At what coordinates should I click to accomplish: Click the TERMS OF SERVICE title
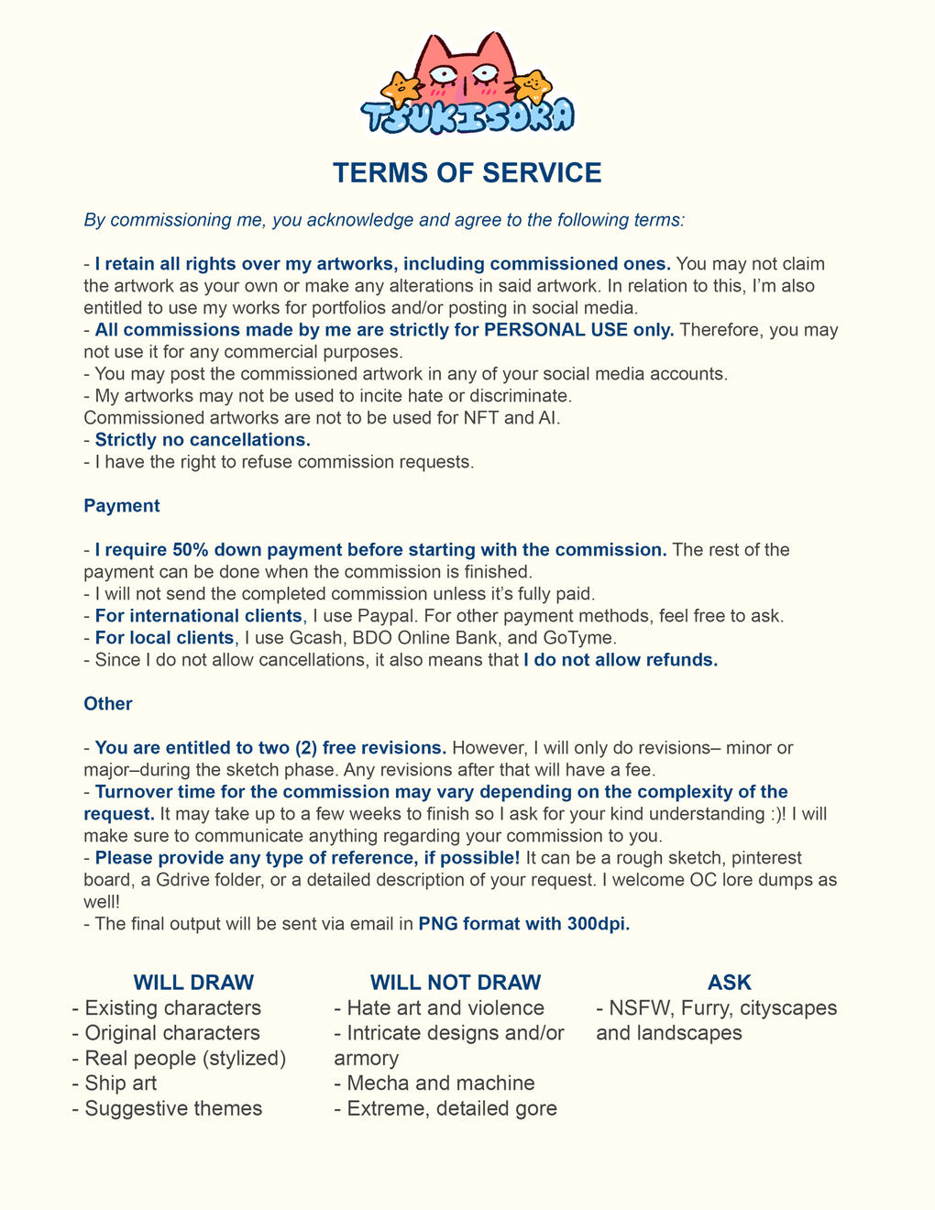pyautogui.click(x=467, y=172)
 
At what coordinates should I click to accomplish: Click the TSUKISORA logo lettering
pyautogui.click(x=467, y=116)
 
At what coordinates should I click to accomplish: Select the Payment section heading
pyautogui.click(x=121, y=506)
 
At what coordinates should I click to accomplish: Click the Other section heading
pyautogui.click(x=107, y=704)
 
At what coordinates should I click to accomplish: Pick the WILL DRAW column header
pyautogui.click(x=193, y=983)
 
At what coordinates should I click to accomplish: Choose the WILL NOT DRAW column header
pyautogui.click(x=456, y=983)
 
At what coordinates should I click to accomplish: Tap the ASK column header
pyautogui.click(x=729, y=983)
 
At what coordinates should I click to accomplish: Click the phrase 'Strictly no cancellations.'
pyautogui.click(x=203, y=440)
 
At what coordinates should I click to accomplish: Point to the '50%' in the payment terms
pyautogui.click(x=190, y=550)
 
